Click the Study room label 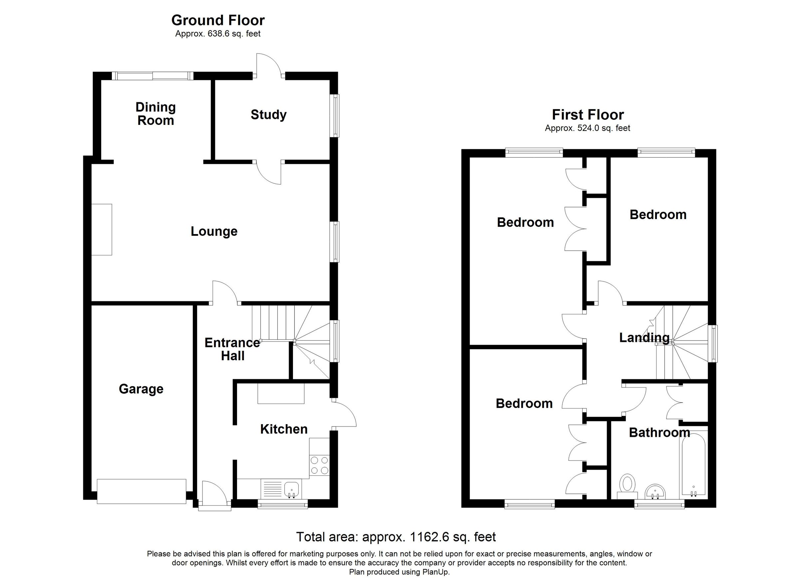tap(268, 115)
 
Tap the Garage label tap(141, 389)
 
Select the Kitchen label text tap(284, 429)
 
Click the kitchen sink tap(291, 489)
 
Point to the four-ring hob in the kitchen tap(319, 465)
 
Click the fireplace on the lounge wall tap(102, 229)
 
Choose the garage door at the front tap(141, 491)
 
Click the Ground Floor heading tap(218, 20)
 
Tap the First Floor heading tap(588, 115)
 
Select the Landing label tap(644, 338)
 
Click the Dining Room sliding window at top tap(152, 76)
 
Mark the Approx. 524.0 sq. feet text tap(587, 128)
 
